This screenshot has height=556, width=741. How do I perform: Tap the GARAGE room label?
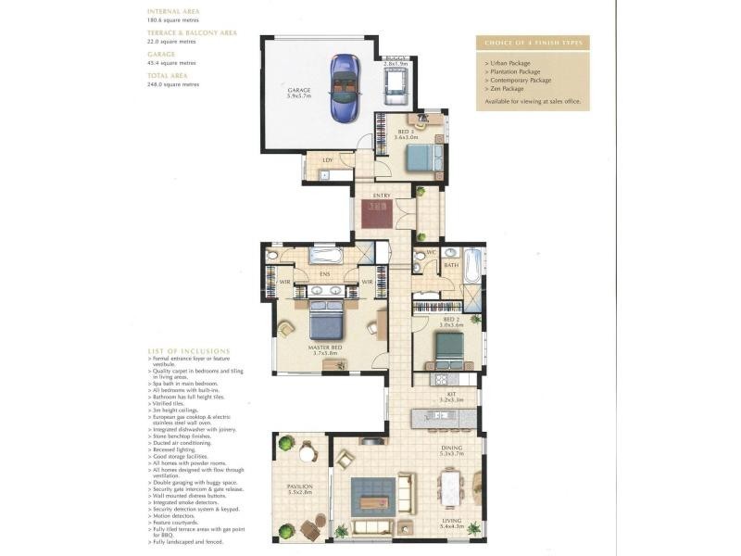pos(298,90)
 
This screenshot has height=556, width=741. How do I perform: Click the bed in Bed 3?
pos(424,156)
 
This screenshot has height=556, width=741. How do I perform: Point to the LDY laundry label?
pos(327,160)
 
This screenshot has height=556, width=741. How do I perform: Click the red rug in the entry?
pos(380,215)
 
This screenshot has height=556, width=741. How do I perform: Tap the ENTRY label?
pos(381,196)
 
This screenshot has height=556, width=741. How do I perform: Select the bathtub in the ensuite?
pos(327,255)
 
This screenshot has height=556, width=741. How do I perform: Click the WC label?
pos(431,252)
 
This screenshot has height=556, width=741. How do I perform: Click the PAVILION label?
pos(298,486)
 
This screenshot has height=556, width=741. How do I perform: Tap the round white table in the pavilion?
pos(307,452)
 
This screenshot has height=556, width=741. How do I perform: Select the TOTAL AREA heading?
pos(169,76)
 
